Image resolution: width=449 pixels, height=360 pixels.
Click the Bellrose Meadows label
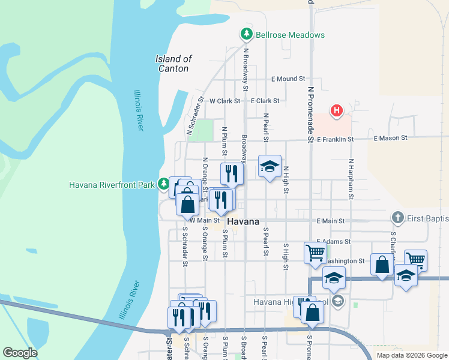coord(290,35)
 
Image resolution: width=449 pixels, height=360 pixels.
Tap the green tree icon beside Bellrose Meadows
coord(246,34)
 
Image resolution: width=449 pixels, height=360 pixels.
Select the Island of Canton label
coord(173,64)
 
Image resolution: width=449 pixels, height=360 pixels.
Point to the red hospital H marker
coord(337,110)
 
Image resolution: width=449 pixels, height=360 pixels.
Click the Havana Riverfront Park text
coord(112,185)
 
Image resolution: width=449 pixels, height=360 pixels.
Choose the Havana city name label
coord(244,221)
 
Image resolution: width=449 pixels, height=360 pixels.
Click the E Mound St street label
coord(288,79)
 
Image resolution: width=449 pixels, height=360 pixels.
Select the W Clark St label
coord(224,101)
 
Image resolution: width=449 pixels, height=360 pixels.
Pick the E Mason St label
coord(390,138)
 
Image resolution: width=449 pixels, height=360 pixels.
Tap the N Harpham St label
coord(351,179)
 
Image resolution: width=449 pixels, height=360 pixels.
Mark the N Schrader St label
coord(196,116)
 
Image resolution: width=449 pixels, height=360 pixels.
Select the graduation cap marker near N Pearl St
coord(270,166)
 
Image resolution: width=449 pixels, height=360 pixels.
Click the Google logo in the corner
coord(20,353)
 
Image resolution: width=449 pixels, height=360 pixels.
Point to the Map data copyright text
coord(412,355)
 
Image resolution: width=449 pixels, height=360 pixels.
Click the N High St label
coord(286,180)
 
